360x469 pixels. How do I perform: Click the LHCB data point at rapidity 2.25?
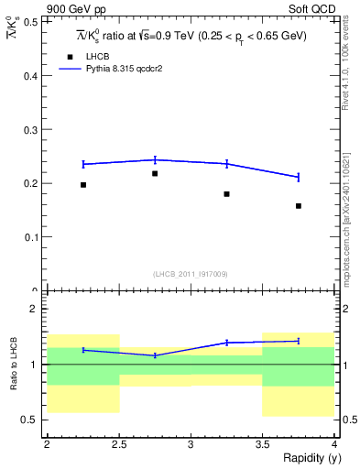pyautogui.click(x=83, y=185)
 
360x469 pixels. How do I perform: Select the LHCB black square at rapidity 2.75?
pyautogui.click(x=155, y=173)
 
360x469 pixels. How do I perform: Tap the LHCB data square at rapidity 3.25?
pyautogui.click(x=226, y=194)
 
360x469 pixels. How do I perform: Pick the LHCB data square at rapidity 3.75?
pyautogui.click(x=299, y=206)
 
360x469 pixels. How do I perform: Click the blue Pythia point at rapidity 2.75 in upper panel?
pyautogui.click(x=155, y=159)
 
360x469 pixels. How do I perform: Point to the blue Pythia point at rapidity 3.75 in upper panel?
pyautogui.click(x=299, y=177)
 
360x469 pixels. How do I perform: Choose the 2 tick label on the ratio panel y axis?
pyautogui.click(x=34, y=310)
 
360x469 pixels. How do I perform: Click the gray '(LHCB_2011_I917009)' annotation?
pyautogui.click(x=191, y=274)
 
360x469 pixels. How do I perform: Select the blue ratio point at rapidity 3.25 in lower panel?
pyautogui.click(x=226, y=343)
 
